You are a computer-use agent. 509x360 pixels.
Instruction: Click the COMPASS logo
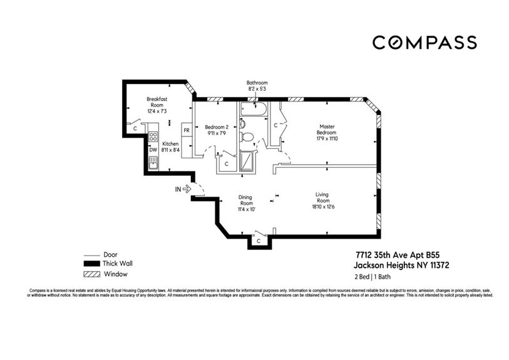click(x=424, y=43)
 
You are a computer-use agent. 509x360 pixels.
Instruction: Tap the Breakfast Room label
click(x=157, y=105)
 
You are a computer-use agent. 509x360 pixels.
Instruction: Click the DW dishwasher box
click(x=152, y=150)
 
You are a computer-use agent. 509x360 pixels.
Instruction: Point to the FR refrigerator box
click(x=186, y=131)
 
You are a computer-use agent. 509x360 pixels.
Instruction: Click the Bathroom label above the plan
click(x=257, y=86)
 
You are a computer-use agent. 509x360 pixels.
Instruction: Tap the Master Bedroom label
click(x=326, y=130)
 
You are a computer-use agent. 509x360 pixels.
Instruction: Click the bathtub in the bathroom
click(x=252, y=111)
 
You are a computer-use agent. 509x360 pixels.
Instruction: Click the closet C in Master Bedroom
click(x=275, y=125)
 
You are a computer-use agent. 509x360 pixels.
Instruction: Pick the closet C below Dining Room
click(x=258, y=240)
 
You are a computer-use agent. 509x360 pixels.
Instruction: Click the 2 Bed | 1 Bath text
click(x=368, y=276)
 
